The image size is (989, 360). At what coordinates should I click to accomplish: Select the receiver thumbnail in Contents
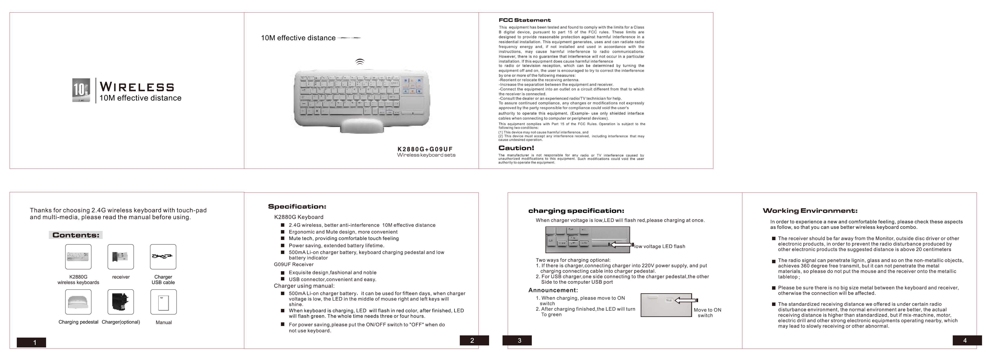tap(121, 257)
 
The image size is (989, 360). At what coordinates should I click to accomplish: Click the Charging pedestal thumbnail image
tap(78, 302)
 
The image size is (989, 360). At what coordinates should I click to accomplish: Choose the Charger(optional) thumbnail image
tap(121, 302)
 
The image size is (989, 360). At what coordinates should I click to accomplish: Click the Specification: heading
tap(297, 206)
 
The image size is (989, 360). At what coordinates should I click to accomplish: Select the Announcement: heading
tap(553, 290)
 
